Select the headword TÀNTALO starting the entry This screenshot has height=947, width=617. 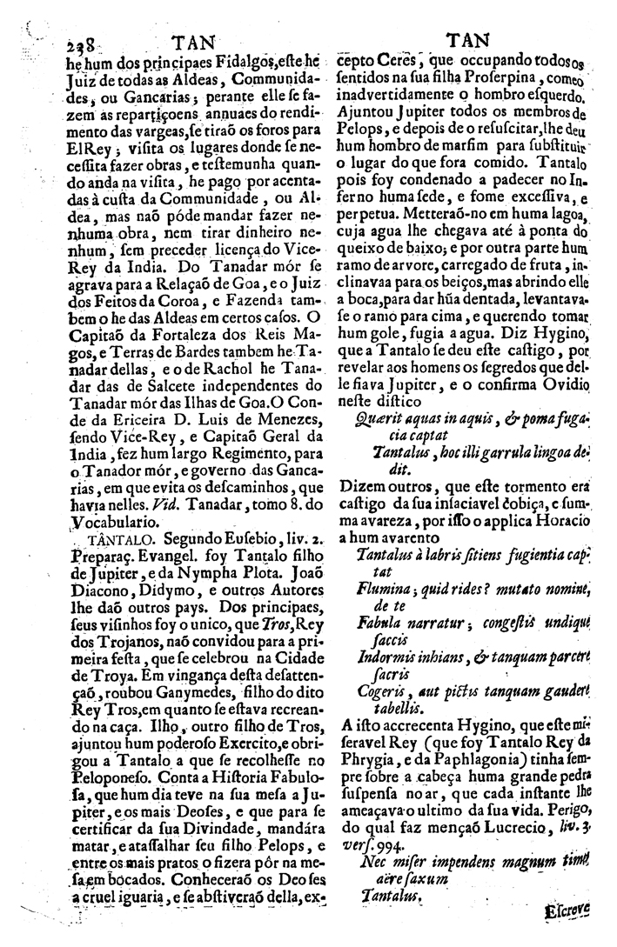102,539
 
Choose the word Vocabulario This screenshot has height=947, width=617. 110,522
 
